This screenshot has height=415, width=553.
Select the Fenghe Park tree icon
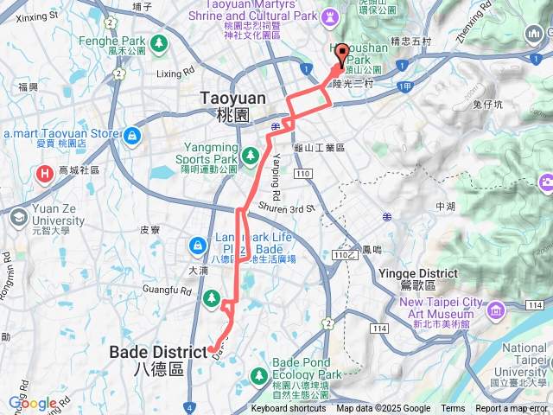(159, 42)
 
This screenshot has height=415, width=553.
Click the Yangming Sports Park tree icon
(250, 155)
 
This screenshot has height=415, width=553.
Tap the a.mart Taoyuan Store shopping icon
(132, 135)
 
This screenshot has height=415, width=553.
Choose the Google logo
(33, 403)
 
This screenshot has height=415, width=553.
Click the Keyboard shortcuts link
(289, 408)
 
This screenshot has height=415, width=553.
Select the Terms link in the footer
(453, 408)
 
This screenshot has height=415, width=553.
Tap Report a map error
(512, 408)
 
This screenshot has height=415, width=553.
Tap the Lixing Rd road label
(173, 74)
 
